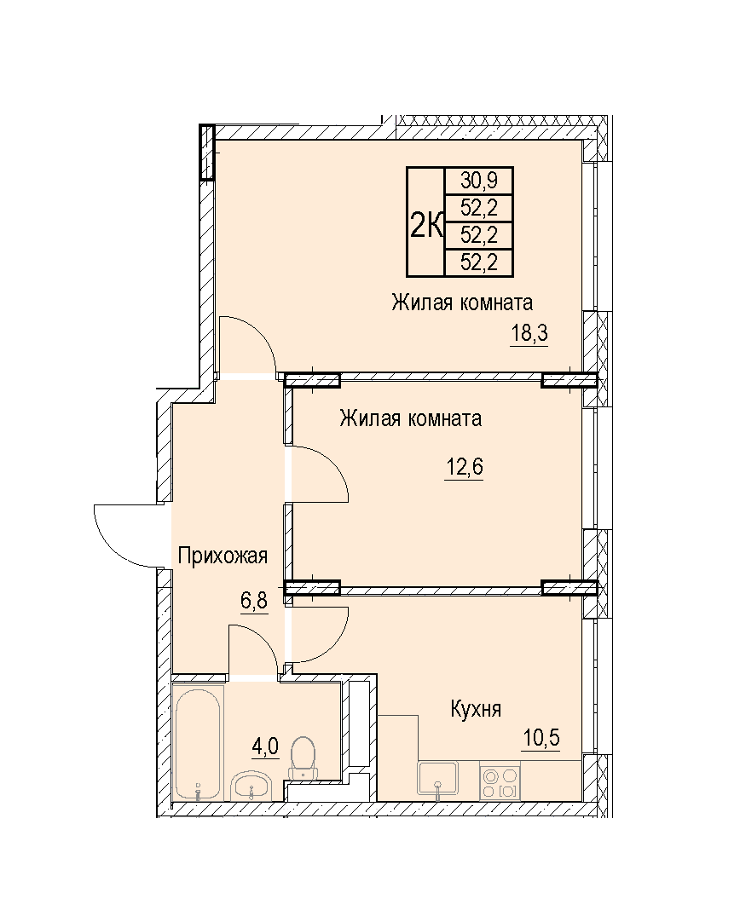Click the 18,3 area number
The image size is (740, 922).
point(529,334)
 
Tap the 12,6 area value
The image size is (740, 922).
point(464,468)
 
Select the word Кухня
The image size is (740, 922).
point(476,709)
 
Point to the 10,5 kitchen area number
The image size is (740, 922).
point(541,737)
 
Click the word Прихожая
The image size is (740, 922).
point(223,556)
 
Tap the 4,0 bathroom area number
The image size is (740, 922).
point(264,746)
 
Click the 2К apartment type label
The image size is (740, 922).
point(426,226)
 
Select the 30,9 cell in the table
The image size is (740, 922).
point(479,181)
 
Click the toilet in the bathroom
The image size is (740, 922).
point(303,758)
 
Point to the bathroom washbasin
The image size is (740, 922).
point(251,786)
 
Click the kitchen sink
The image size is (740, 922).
point(437,779)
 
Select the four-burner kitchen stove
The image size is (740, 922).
point(500,781)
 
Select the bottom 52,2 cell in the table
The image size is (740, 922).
point(479,262)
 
